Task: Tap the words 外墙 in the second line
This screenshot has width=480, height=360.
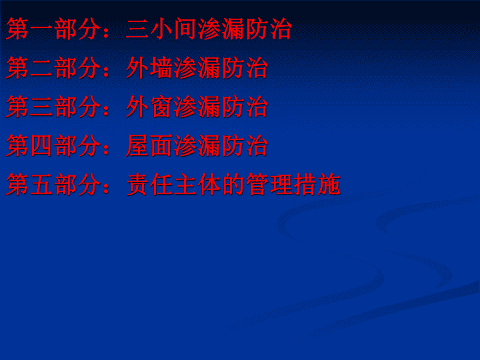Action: click(149, 67)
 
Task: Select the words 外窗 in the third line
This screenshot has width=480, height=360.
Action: click(149, 107)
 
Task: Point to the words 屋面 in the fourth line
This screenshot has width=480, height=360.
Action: click(149, 145)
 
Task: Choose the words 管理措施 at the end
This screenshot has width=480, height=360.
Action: click(293, 184)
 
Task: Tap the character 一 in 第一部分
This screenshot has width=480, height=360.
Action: click(42, 29)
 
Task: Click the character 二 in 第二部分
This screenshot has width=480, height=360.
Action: click(42, 68)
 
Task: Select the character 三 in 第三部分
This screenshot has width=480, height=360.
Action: click(42, 107)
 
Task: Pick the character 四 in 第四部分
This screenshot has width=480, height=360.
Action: click(42, 146)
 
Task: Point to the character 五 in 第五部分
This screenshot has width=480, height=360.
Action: click(42, 185)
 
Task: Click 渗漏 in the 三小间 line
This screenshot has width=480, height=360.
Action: click(221, 29)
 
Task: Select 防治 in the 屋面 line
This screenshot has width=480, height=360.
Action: click(245, 145)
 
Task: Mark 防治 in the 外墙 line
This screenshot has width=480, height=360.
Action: click(245, 67)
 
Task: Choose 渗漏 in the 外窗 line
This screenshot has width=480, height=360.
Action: click(197, 107)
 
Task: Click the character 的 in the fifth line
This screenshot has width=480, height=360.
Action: click(233, 184)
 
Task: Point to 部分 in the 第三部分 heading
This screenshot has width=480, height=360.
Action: click(78, 107)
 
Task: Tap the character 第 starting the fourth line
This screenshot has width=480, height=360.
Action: click(18, 145)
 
